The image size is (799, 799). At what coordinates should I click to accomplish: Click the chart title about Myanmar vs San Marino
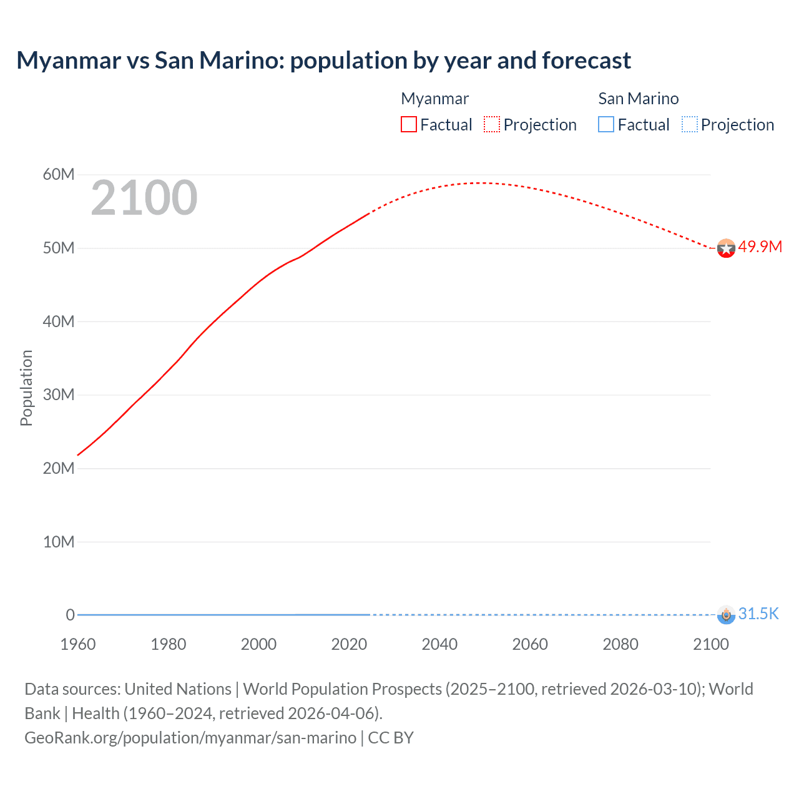[323, 61]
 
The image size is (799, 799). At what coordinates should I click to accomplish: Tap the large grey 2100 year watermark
[144, 198]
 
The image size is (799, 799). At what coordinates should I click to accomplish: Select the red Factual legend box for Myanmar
[408, 124]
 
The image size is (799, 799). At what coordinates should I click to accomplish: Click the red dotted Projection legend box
[492, 124]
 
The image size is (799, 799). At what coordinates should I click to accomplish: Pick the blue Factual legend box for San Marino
[606, 124]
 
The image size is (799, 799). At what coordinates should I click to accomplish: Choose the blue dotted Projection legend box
[689, 124]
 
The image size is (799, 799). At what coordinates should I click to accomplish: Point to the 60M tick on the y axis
[59, 174]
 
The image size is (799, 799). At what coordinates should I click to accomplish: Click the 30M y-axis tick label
[59, 395]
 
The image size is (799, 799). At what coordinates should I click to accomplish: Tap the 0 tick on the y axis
[70, 615]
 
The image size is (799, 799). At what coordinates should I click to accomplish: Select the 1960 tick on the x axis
[78, 644]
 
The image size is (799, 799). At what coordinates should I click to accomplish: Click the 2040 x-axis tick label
[439, 644]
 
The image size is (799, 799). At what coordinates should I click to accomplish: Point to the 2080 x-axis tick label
[620, 644]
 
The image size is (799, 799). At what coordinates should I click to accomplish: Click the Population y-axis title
[26, 388]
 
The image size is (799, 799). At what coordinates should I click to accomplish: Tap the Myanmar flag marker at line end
[726, 248]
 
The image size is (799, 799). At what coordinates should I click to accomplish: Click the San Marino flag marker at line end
[726, 615]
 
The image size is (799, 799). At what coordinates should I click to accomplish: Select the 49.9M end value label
[760, 247]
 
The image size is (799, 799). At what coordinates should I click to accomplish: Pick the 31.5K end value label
[758, 614]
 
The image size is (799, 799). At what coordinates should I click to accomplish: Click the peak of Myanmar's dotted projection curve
[478, 183]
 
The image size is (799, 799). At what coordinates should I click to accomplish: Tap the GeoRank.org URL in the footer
[190, 737]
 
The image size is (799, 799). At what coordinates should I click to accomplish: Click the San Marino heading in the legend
[638, 99]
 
